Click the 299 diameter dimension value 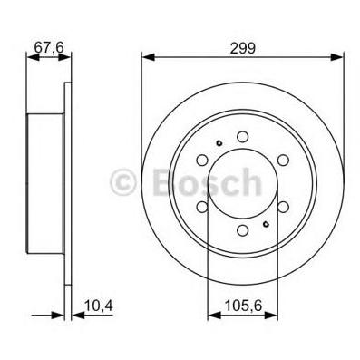(243, 48)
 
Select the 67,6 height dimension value (49, 47)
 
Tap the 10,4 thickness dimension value (99, 306)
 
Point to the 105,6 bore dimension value (243, 306)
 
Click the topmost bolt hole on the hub (242, 136)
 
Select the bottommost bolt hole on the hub (242, 230)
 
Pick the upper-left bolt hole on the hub (202, 160)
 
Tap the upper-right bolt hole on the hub (283, 160)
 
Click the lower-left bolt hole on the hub (202, 207)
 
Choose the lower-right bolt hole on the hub (283, 207)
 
